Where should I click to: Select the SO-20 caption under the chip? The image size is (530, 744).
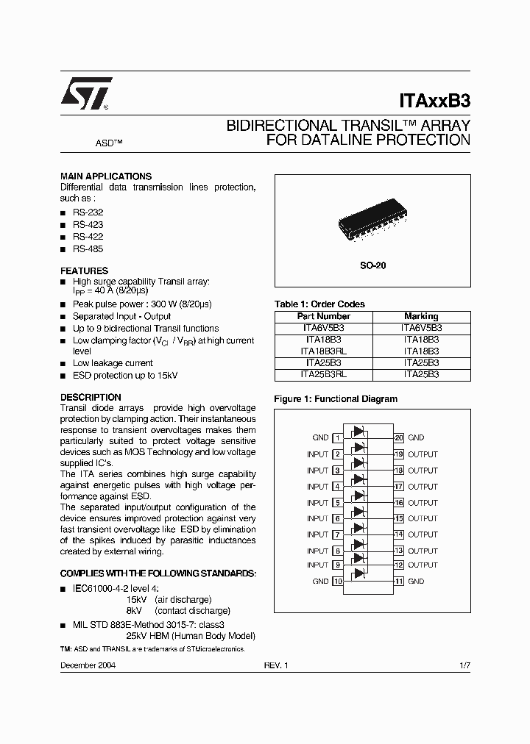pos(372,265)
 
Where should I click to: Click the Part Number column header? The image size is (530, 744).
pos(323,316)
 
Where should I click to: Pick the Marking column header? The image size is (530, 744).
pos(421,316)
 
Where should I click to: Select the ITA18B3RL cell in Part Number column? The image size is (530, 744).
pos(323,351)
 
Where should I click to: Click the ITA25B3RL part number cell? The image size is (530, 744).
pos(323,374)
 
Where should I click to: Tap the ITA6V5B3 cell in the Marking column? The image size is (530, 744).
pos(421,328)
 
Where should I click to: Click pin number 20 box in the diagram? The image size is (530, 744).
pos(398,437)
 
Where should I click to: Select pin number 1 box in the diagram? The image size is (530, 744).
pos(338,437)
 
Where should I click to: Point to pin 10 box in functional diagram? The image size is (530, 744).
pos(338,581)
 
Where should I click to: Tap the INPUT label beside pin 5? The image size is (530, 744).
pos(317,503)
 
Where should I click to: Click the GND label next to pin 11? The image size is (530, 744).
pos(416,581)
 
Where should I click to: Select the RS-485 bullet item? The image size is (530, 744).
pos(88,249)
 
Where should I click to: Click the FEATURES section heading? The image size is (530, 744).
pos(84,271)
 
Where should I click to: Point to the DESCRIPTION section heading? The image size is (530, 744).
pos(90,397)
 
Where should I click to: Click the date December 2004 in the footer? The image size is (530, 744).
pos(88,665)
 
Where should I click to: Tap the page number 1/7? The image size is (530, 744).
pos(464,665)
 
